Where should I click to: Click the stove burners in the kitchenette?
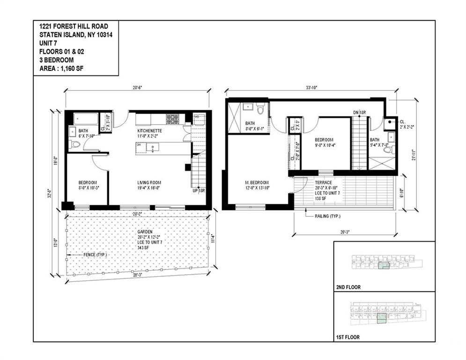tap(172, 119)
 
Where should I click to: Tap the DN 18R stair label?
tap(359, 112)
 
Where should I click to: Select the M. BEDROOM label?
tap(257, 182)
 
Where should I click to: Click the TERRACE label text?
tap(323, 182)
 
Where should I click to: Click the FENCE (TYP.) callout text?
tap(95, 255)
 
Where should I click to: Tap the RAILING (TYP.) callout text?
tap(326, 216)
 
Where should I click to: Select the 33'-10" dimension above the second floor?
tap(311, 87)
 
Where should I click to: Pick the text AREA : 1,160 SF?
tap(63, 69)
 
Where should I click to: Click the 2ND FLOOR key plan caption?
tap(348, 287)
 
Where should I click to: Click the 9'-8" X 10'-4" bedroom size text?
tap(325, 145)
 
